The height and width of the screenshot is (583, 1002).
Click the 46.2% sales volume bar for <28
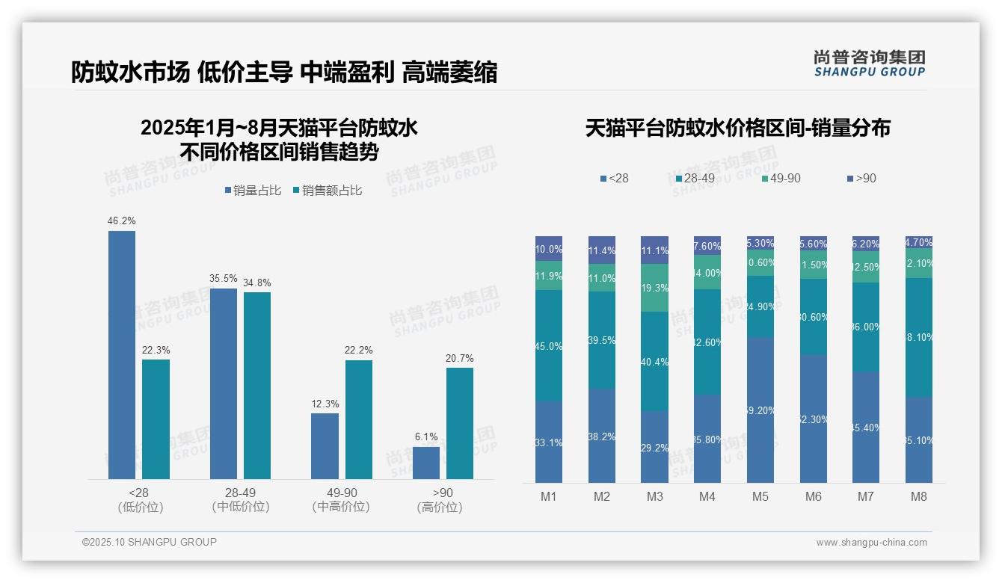click(122, 354)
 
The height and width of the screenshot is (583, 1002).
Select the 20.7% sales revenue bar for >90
click(459, 423)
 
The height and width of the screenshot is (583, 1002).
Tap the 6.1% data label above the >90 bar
click(425, 437)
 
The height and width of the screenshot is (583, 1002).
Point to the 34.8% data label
click(257, 283)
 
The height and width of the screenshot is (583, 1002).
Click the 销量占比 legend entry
click(253, 191)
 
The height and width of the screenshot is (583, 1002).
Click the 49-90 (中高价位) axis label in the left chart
click(341, 500)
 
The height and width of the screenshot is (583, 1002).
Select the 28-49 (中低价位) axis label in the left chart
click(240, 500)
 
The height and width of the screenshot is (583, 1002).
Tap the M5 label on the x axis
click(760, 496)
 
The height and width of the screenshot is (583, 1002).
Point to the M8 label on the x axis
click(919, 496)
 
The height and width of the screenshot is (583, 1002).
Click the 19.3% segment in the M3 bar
click(654, 288)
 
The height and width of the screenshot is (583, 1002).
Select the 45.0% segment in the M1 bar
click(548, 345)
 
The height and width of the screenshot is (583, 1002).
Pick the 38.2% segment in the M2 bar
click(601, 435)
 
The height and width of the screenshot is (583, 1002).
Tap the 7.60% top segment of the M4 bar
click(707, 246)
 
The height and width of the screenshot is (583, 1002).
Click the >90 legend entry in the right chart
click(861, 179)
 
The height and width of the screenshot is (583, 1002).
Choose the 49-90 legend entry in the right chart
click(781, 179)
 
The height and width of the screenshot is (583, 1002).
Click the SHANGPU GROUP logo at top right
click(869, 64)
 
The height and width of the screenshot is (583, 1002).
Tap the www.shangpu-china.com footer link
click(871, 543)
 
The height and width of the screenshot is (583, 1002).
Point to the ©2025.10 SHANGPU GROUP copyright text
click(150, 542)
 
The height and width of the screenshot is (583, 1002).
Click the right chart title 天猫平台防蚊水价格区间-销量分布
click(737, 129)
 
